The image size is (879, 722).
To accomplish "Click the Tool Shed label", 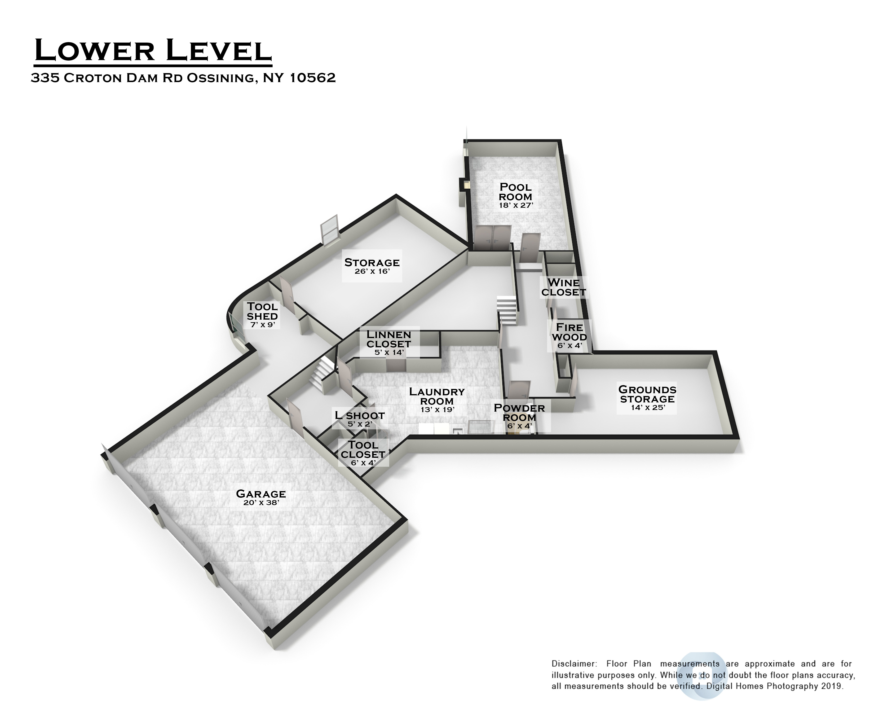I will point(262,312).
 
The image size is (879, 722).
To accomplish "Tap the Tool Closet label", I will point(363,449).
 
